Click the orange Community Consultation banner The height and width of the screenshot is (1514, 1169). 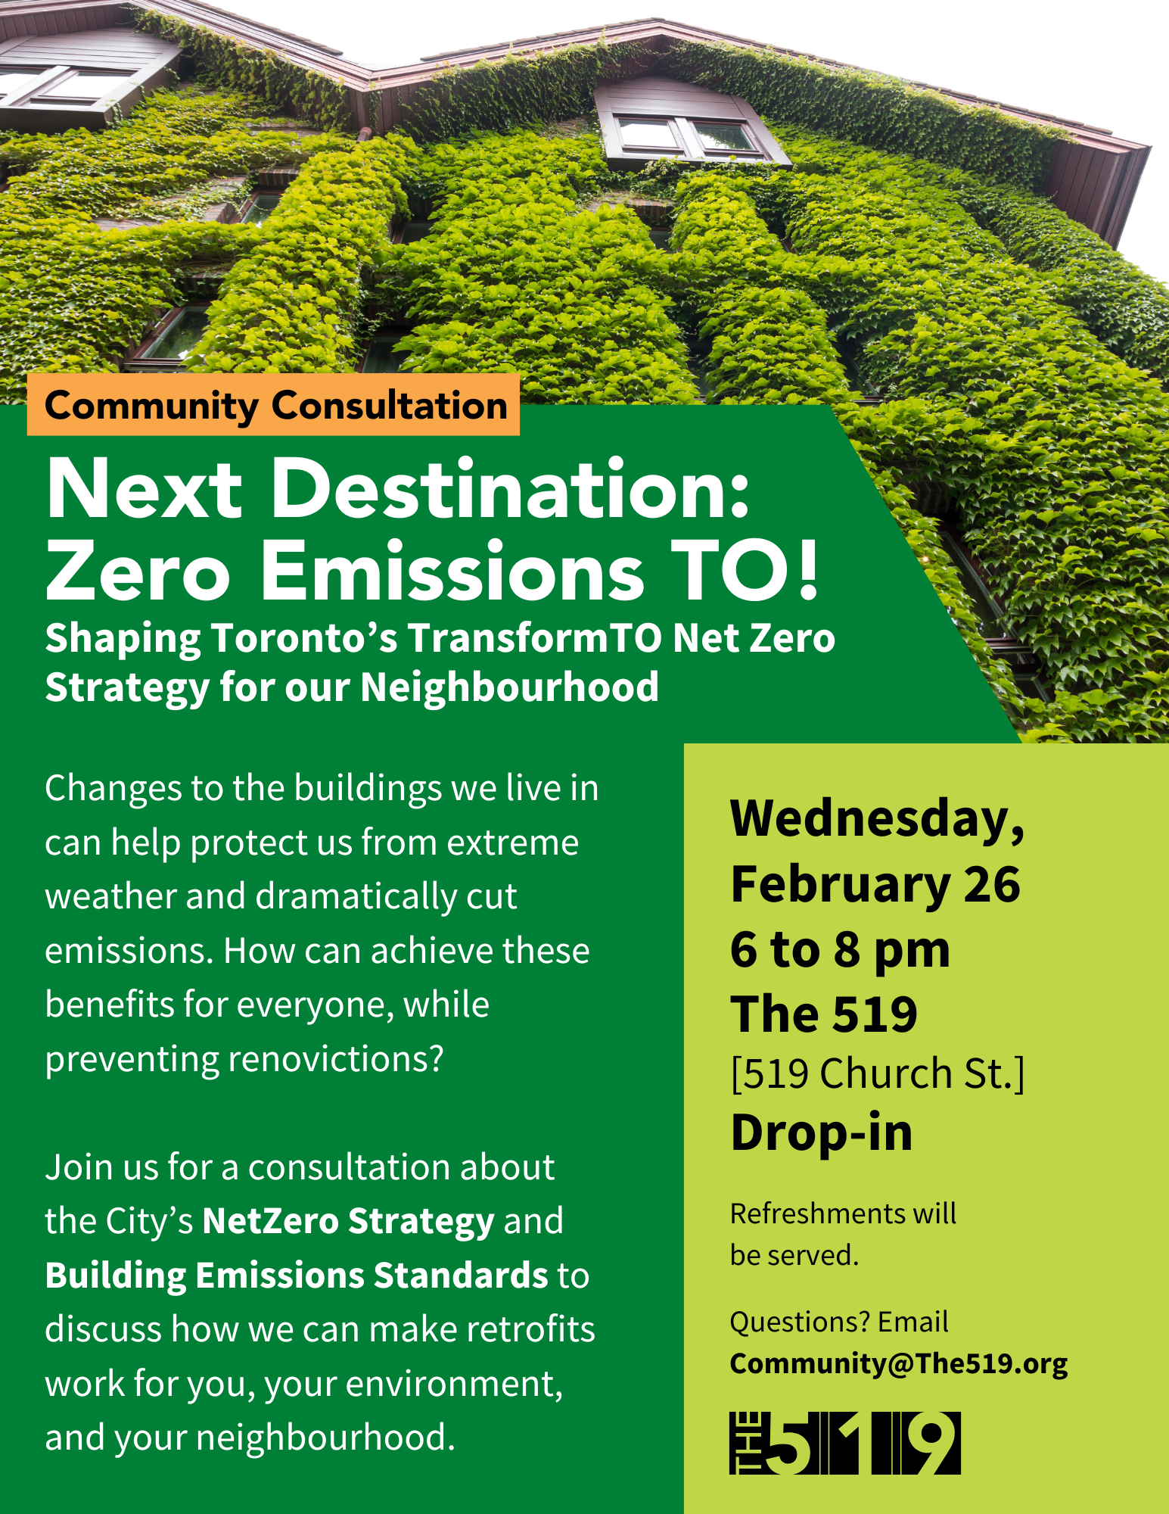[x=273, y=405]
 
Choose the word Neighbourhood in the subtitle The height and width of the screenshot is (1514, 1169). [x=509, y=687]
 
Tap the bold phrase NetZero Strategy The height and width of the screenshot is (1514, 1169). [x=348, y=1220]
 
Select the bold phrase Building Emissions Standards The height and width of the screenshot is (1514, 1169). [x=297, y=1275]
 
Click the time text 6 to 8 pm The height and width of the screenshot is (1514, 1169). [x=840, y=949]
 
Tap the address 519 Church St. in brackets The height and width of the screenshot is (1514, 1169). [x=878, y=1073]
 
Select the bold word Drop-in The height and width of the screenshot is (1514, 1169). [x=822, y=1132]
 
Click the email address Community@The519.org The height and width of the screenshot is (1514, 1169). [x=899, y=1363]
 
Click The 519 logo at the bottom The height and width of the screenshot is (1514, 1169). [x=845, y=1443]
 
